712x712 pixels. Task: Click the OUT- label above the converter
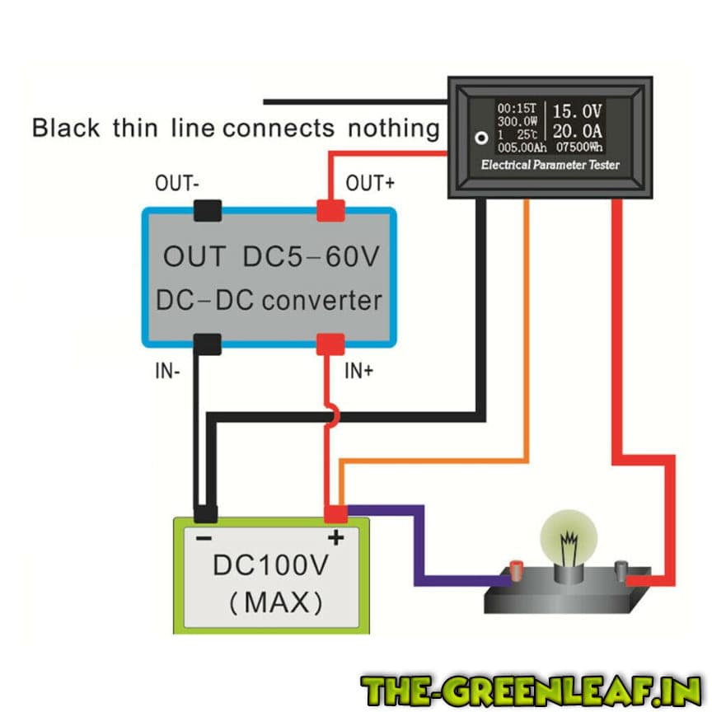[177, 184]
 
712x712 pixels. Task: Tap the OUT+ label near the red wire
[369, 183]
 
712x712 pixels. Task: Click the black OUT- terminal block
[207, 211]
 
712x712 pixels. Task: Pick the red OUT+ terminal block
[330, 211]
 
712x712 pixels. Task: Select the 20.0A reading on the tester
[578, 131]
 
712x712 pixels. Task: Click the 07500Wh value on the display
[578, 148]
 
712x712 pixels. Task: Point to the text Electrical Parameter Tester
[550, 166]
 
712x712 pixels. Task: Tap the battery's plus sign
[336, 540]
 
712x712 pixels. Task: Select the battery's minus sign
[204, 538]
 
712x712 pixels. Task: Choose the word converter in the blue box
[322, 301]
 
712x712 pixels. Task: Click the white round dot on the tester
[476, 138]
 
